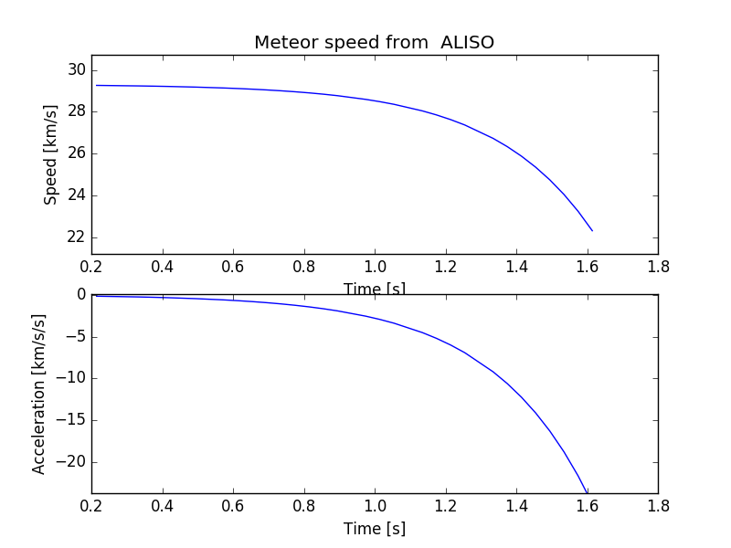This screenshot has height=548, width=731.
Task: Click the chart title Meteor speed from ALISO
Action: (x=374, y=43)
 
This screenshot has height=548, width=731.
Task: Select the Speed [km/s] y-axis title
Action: (x=51, y=154)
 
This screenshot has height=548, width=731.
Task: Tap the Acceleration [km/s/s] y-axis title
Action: (x=39, y=394)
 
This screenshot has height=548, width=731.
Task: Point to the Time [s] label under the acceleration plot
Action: (x=374, y=529)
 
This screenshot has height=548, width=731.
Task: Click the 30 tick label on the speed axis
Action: (x=76, y=70)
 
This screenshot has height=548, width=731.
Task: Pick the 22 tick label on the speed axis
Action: (x=76, y=237)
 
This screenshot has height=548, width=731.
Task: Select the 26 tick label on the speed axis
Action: (x=76, y=153)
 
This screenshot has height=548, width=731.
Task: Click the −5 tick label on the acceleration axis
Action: (x=73, y=336)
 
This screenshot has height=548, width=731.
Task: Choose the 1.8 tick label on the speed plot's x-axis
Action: (x=657, y=268)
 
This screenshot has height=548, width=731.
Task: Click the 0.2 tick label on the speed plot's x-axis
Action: (x=91, y=268)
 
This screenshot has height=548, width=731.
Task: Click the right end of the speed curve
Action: (x=592, y=230)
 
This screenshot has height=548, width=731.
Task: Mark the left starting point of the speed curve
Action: (x=96, y=85)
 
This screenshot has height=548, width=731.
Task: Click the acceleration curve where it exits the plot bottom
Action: (x=586, y=492)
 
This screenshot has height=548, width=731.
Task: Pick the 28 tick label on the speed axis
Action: (x=76, y=112)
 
